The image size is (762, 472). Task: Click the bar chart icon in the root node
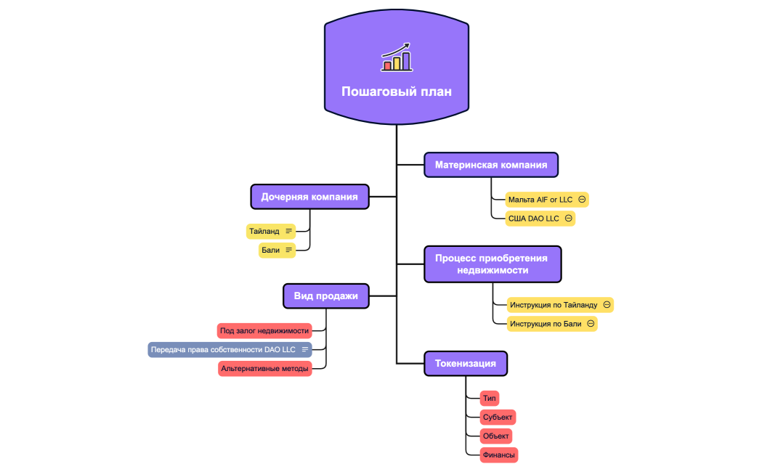tap(397, 57)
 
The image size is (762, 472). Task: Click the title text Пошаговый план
tap(397, 91)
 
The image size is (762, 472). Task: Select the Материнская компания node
tap(491, 165)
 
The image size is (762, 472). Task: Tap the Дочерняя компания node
tap(309, 197)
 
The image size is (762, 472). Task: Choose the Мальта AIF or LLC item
tap(540, 199)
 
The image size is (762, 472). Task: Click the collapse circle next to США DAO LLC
tap(568, 218)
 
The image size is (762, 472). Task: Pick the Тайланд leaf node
tap(264, 232)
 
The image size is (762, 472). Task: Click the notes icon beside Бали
tap(288, 251)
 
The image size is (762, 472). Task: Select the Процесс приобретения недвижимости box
tap(492, 264)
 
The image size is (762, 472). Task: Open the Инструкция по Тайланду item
tap(554, 305)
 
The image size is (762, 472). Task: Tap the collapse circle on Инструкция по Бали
tap(591, 324)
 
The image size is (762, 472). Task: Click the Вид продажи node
tap(326, 296)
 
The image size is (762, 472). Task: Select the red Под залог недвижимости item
tap(264, 331)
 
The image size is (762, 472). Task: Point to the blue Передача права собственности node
tap(224, 350)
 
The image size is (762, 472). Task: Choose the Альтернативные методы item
tap(265, 369)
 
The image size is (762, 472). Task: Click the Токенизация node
tap(466, 363)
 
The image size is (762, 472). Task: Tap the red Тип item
tap(489, 399)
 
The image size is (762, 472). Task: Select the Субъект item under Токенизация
tap(498, 418)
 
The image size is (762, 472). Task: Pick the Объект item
tap(496, 436)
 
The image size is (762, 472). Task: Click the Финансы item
tap(498, 455)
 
